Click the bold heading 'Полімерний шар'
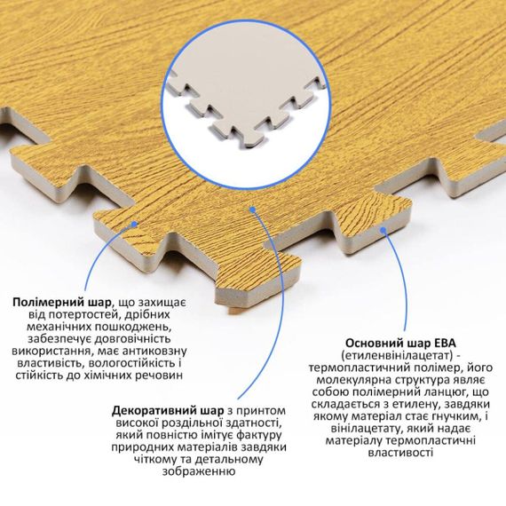point(61,303)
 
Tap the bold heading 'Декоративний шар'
point(168,411)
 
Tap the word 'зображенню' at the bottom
point(199,471)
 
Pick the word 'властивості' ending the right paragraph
point(400,453)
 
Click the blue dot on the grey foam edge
point(383,230)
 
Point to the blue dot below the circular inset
point(253,210)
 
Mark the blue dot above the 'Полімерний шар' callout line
point(135,224)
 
